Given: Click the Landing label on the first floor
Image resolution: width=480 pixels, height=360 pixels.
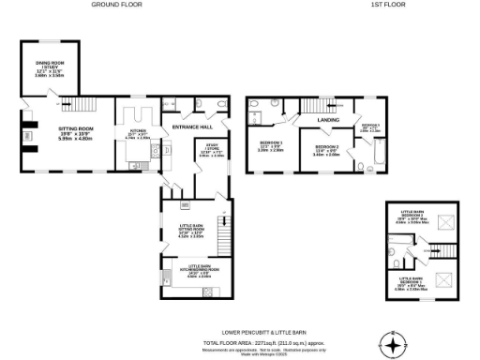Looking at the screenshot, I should point(328,120).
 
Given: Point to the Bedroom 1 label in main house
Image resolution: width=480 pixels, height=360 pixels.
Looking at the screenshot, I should point(271,145).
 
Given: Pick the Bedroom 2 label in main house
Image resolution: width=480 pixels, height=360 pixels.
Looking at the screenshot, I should point(327,150).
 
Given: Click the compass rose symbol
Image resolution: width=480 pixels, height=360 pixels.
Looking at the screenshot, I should point(395,343).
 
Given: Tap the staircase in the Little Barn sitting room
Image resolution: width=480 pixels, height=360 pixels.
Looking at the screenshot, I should point(222,228).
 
